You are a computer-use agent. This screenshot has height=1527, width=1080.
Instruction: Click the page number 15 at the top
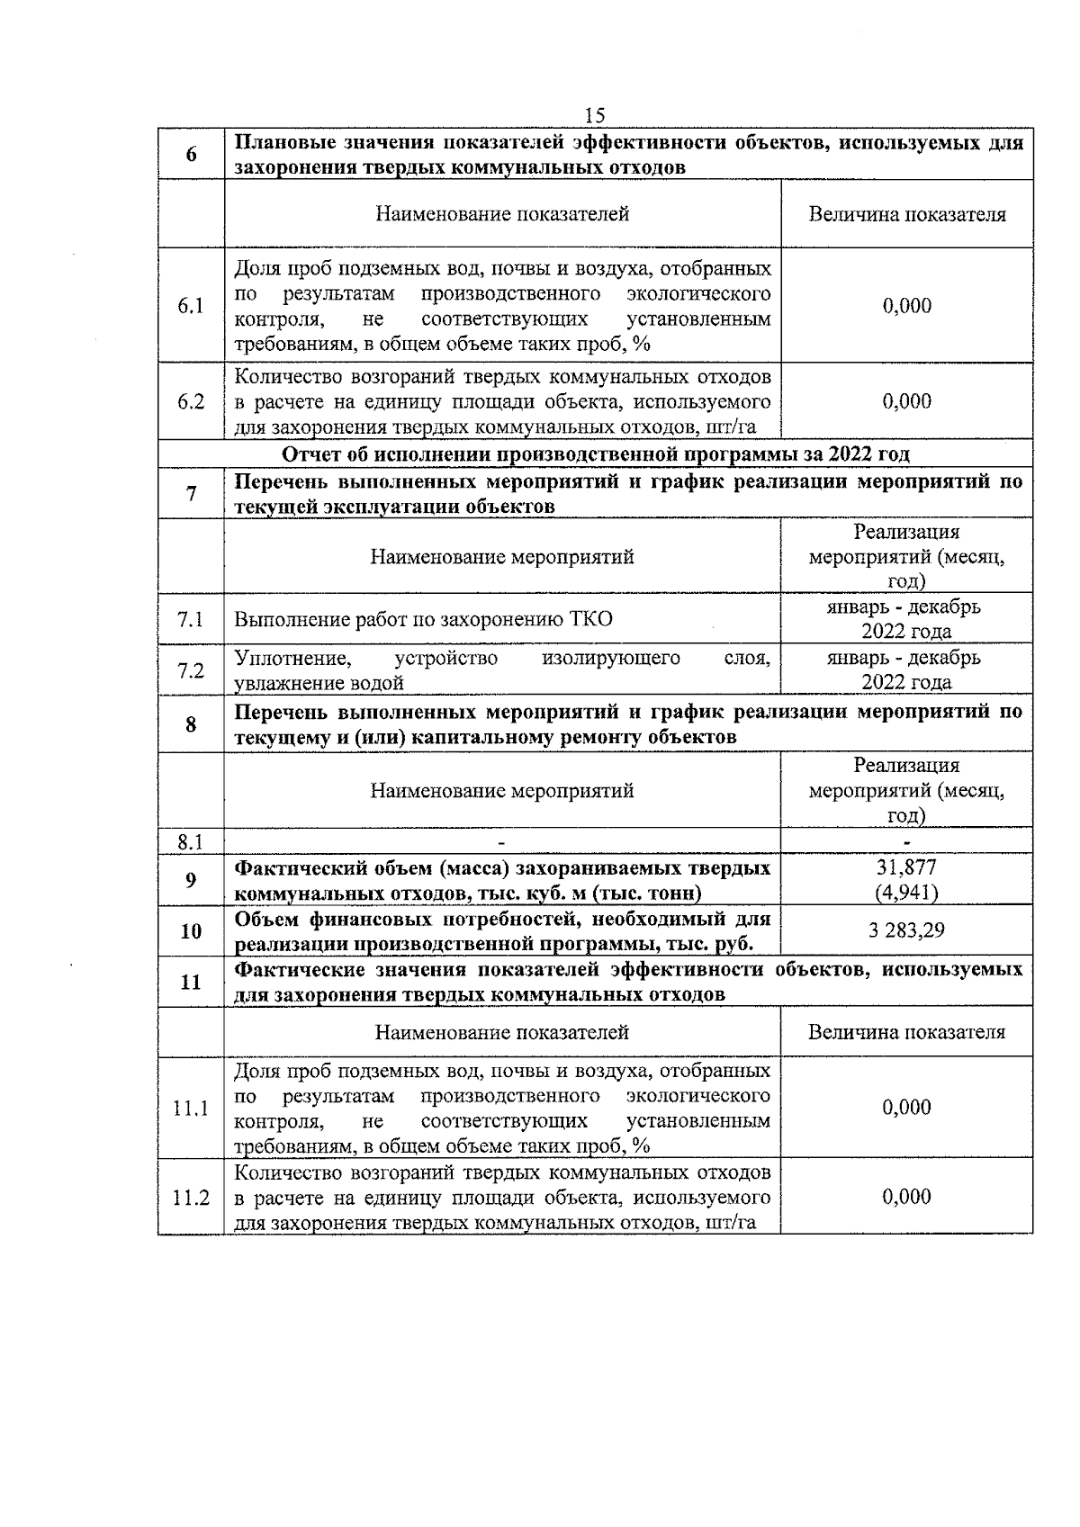pos(595,116)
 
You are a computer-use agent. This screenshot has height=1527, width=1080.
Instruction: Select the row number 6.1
pos(191,306)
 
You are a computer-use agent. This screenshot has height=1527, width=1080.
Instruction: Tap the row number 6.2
pos(191,401)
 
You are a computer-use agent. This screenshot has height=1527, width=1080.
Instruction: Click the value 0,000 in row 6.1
pos(906,306)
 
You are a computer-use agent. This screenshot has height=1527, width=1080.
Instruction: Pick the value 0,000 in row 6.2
pos(906,401)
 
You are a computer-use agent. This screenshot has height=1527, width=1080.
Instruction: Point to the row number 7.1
pos(191,619)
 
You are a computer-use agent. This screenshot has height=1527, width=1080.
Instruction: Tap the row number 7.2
pos(191,670)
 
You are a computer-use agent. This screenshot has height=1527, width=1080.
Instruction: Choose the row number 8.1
pos(191,842)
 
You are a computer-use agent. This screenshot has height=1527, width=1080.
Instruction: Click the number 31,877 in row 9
pos(906,867)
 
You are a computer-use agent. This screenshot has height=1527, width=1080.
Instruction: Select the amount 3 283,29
pos(906,930)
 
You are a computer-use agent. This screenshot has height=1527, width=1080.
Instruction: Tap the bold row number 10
pos(191,931)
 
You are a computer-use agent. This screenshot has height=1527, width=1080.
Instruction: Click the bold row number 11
pos(191,982)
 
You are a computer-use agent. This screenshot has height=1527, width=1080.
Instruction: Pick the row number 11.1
pos(191,1109)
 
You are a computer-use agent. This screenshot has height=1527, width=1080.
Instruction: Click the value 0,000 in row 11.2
pos(906,1197)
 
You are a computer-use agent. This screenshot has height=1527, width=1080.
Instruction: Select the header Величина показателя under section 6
pos(906,214)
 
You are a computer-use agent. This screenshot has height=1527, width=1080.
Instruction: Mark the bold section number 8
pos(191,723)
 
